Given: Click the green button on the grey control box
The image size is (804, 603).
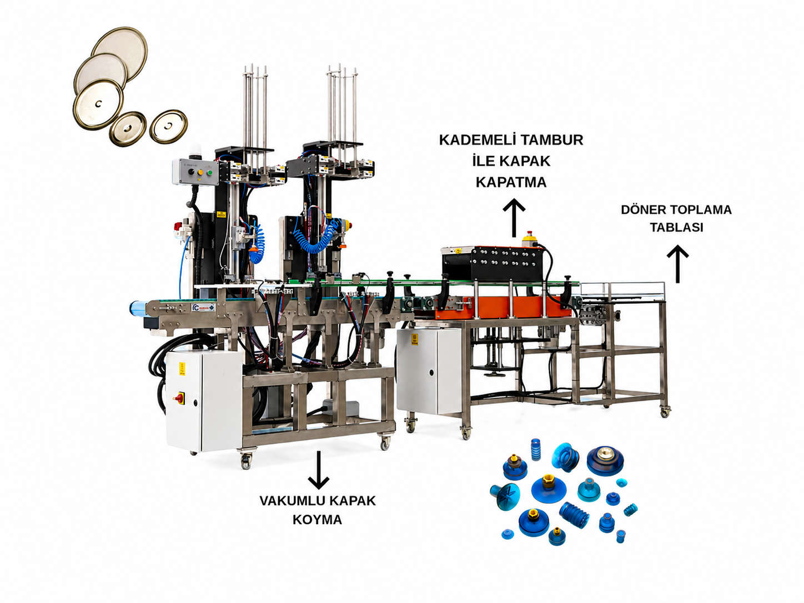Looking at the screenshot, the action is pyautogui.click(x=210, y=172).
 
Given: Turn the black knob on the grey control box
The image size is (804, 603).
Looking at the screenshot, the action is pyautogui.click(x=190, y=172).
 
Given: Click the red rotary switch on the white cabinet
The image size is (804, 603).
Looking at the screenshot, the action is pyautogui.click(x=179, y=397).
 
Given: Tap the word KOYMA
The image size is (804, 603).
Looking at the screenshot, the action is pyautogui.click(x=317, y=520).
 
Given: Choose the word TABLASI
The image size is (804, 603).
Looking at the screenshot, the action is pyautogui.click(x=676, y=227).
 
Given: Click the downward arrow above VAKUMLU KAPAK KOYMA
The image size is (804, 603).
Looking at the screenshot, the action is pyautogui.click(x=318, y=470).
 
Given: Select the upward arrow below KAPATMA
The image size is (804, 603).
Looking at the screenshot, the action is pyautogui.click(x=514, y=218).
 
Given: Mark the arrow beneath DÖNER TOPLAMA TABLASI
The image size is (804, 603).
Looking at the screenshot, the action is pyautogui.click(x=677, y=264).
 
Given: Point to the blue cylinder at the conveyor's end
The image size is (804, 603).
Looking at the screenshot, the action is pyautogui.click(x=138, y=307).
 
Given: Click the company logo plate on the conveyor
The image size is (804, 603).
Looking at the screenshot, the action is pyautogui.click(x=203, y=308).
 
